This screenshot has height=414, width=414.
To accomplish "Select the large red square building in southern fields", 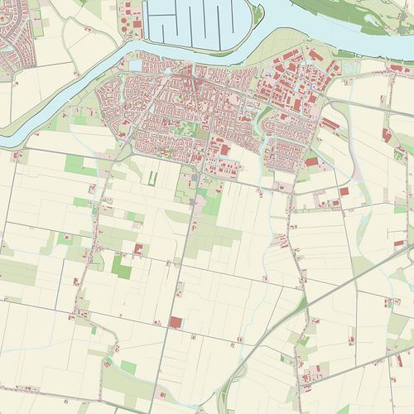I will [x=176, y=322].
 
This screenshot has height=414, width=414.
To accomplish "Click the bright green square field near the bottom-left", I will [x=128, y=366].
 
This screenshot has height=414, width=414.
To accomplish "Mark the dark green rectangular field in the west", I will [x=121, y=267].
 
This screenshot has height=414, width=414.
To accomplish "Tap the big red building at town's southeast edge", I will [x=310, y=162].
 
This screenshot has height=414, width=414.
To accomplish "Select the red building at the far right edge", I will [x=387, y=135].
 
